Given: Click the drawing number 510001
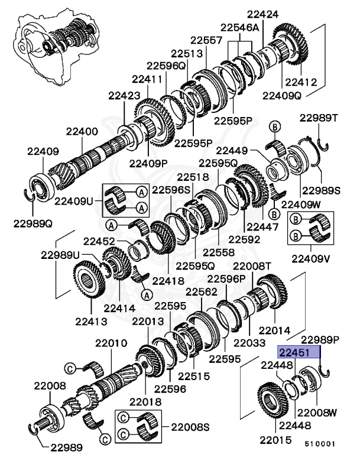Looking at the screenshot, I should (x=320, y=442).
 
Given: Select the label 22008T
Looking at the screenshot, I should (x=251, y=267).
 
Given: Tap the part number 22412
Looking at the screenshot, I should (x=301, y=82).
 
